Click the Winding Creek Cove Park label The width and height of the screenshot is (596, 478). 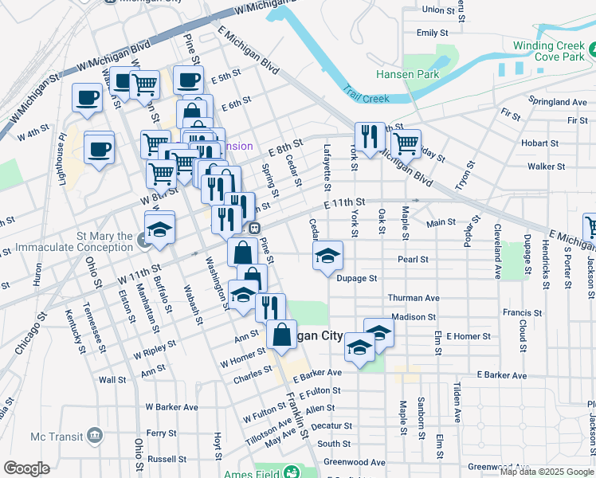(549, 53)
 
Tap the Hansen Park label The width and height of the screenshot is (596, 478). (407, 74)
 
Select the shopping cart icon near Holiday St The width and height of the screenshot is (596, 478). (406, 143)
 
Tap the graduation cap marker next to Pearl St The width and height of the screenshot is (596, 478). (327, 256)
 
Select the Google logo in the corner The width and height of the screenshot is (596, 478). (26, 468)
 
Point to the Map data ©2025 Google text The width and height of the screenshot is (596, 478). (546, 472)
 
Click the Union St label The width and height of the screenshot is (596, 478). (443, 10)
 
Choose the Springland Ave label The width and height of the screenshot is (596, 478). (558, 102)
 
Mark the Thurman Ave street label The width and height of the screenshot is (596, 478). (414, 298)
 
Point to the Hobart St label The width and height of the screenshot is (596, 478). (539, 143)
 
